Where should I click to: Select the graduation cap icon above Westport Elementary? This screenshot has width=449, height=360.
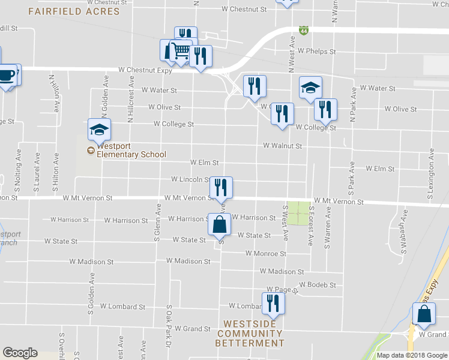pos(100,129)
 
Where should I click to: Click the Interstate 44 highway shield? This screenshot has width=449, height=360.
pos(305,29)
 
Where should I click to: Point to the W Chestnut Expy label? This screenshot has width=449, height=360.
pos(145,70)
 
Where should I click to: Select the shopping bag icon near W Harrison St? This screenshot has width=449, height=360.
pos(220,224)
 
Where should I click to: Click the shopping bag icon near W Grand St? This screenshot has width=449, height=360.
pos(424,314)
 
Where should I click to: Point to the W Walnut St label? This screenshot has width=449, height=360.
pos(282,145)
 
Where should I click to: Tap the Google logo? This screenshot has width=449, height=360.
pos(20,353)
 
